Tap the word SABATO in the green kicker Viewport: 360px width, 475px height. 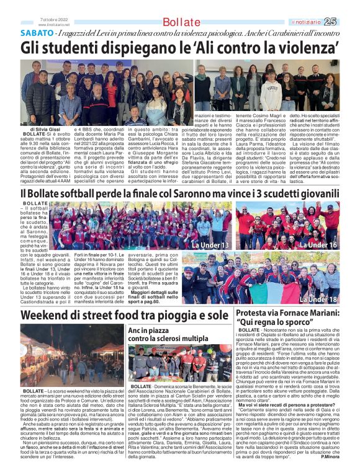coord(37,32)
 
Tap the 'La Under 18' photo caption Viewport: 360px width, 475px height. coord(320,300)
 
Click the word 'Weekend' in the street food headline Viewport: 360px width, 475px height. coord(46,316)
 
